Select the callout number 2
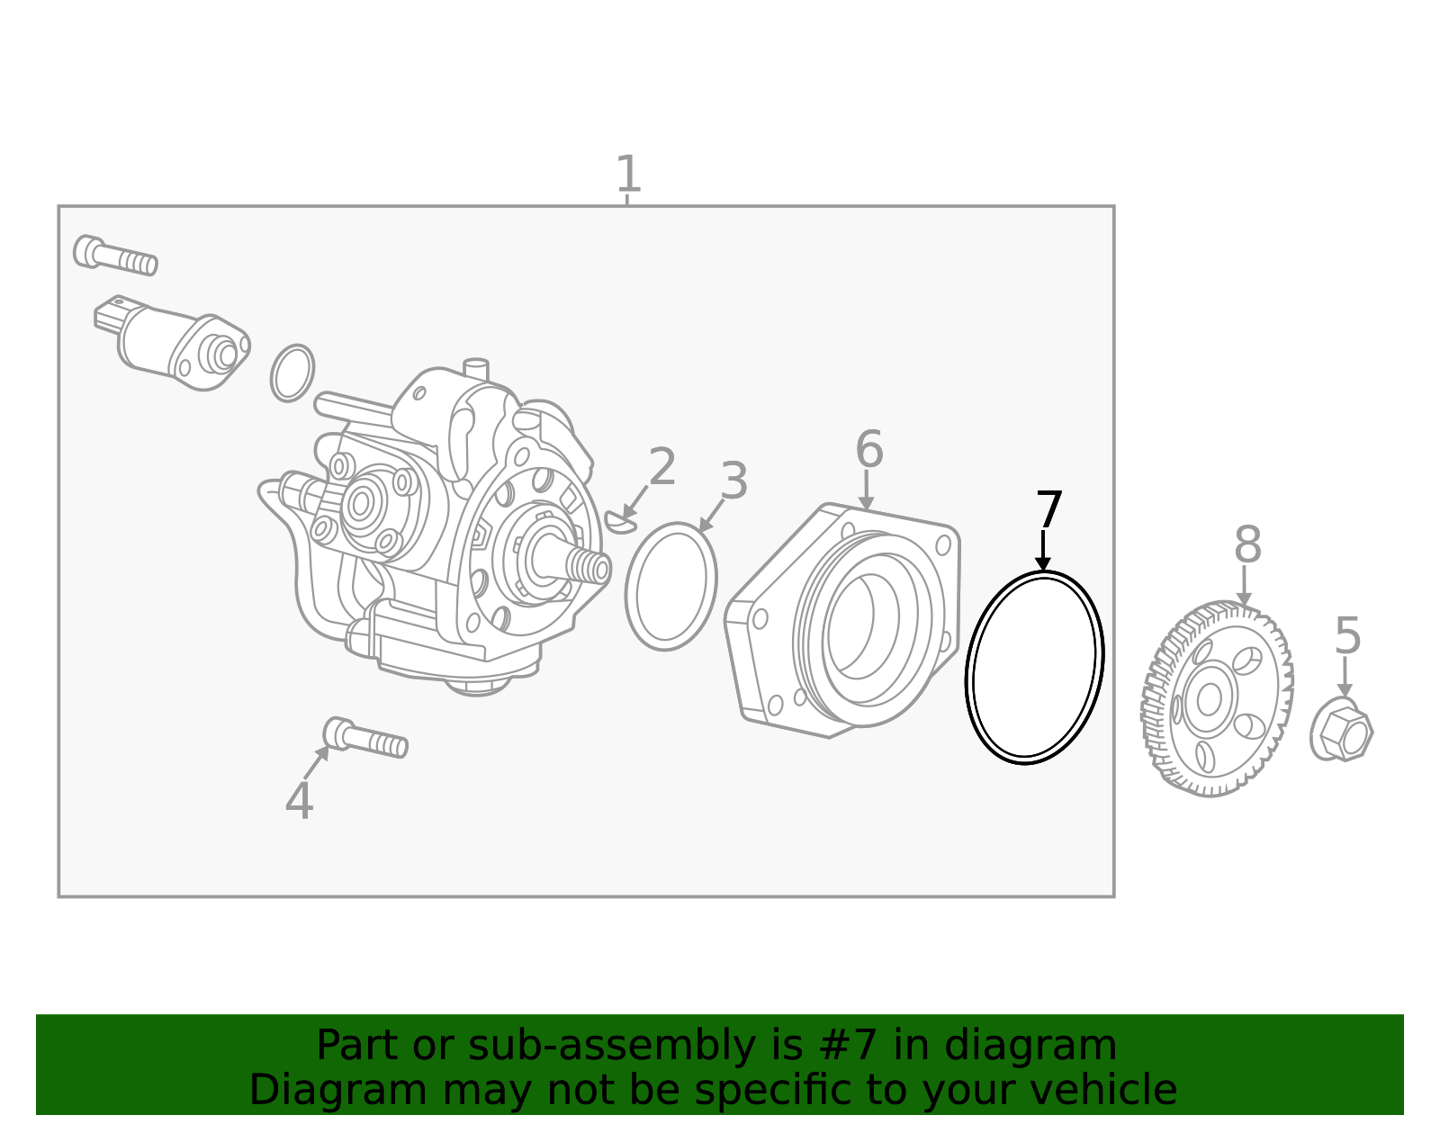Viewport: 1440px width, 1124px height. point(662,468)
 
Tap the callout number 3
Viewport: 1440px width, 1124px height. point(734,481)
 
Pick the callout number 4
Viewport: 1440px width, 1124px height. point(299,801)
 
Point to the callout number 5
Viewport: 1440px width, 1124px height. point(1347,636)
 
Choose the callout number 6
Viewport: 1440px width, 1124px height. point(868,449)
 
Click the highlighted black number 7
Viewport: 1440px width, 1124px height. point(1048,510)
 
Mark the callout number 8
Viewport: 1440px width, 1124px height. point(1247,545)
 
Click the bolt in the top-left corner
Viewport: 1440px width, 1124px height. point(115,255)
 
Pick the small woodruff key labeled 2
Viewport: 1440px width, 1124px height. point(619,522)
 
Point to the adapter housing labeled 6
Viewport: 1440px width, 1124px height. point(846,621)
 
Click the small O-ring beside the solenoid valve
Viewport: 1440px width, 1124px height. point(292,373)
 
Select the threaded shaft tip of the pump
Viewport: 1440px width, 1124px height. point(589,566)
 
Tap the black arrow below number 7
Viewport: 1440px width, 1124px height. point(1043,551)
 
